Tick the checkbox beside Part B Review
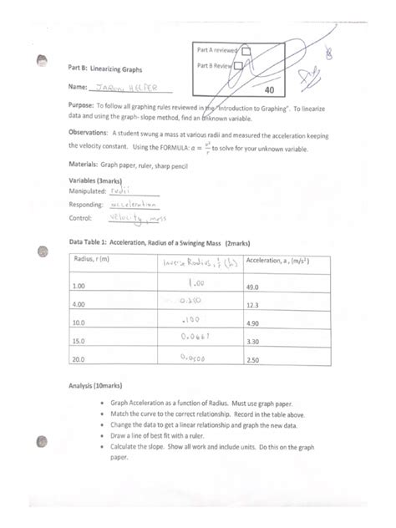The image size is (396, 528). tap(240, 65)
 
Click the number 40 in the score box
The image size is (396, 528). tap(268, 89)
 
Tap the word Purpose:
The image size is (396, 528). tap(81, 107)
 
